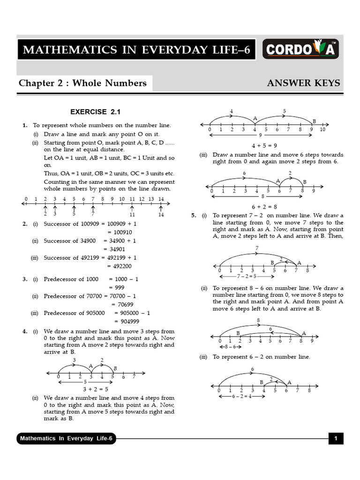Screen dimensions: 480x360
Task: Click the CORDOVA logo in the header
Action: pyautogui.click(x=301, y=49)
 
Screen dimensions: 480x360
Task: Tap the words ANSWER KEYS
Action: pyautogui.click(x=303, y=83)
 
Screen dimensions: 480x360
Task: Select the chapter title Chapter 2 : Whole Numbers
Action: pyautogui.click(x=82, y=83)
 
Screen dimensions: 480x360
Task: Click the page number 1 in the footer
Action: pyautogui.click(x=336, y=439)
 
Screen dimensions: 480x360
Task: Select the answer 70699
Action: pyautogui.click(x=126, y=304)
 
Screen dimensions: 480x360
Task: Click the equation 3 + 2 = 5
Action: pyautogui.click(x=96, y=389)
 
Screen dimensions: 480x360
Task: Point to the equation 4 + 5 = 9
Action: pyautogui.click(x=264, y=145)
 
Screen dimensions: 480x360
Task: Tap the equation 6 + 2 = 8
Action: pyautogui.click(x=264, y=206)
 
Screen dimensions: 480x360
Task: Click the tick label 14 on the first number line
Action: pyautogui.click(x=161, y=199)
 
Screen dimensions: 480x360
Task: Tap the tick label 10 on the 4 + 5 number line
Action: pyautogui.click(x=322, y=129)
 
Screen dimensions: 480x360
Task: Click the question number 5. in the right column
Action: pyautogui.click(x=193, y=216)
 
